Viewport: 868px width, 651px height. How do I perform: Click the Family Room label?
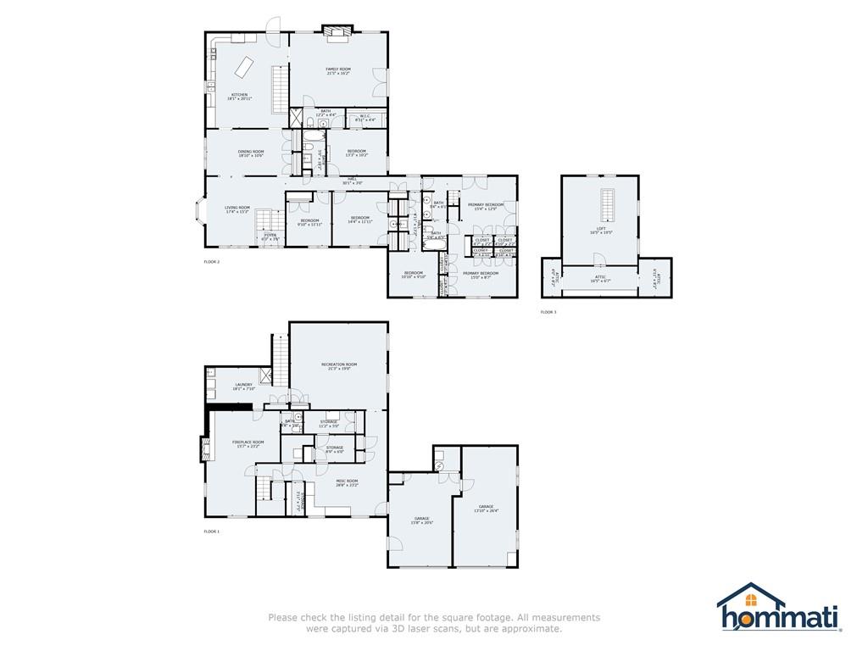(338, 71)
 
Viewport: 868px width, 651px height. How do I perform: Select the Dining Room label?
(251, 153)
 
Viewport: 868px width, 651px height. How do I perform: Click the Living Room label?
(237, 209)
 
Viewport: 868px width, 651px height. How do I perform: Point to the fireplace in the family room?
(337, 32)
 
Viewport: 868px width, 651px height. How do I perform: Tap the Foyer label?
(270, 237)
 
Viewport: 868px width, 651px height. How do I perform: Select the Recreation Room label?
(338, 366)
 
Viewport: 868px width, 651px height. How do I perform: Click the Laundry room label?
(243, 387)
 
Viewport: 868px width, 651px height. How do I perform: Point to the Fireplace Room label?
(248, 443)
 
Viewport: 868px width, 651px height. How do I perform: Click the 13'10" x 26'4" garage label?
(486, 509)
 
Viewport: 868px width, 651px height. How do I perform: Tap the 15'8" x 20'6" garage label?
(421, 520)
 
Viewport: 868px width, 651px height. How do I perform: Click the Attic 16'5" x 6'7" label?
(600, 279)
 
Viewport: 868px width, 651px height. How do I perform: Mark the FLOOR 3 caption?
(548, 312)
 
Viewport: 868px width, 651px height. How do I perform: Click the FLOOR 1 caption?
(212, 531)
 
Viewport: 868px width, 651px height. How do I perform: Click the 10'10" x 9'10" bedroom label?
(413, 275)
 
